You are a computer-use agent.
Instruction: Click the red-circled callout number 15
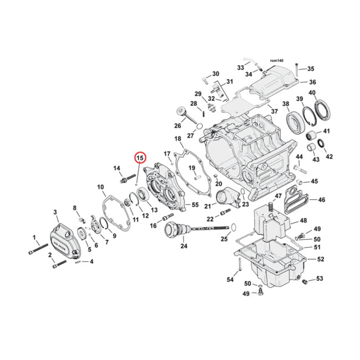139,158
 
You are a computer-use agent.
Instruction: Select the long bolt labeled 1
38,248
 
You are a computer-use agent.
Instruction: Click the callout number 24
183,246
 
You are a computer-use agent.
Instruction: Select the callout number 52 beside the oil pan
320,259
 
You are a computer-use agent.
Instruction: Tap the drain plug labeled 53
304,282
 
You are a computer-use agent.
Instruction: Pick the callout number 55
195,205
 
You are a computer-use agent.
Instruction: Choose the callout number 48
303,220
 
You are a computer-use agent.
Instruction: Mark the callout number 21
207,206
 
